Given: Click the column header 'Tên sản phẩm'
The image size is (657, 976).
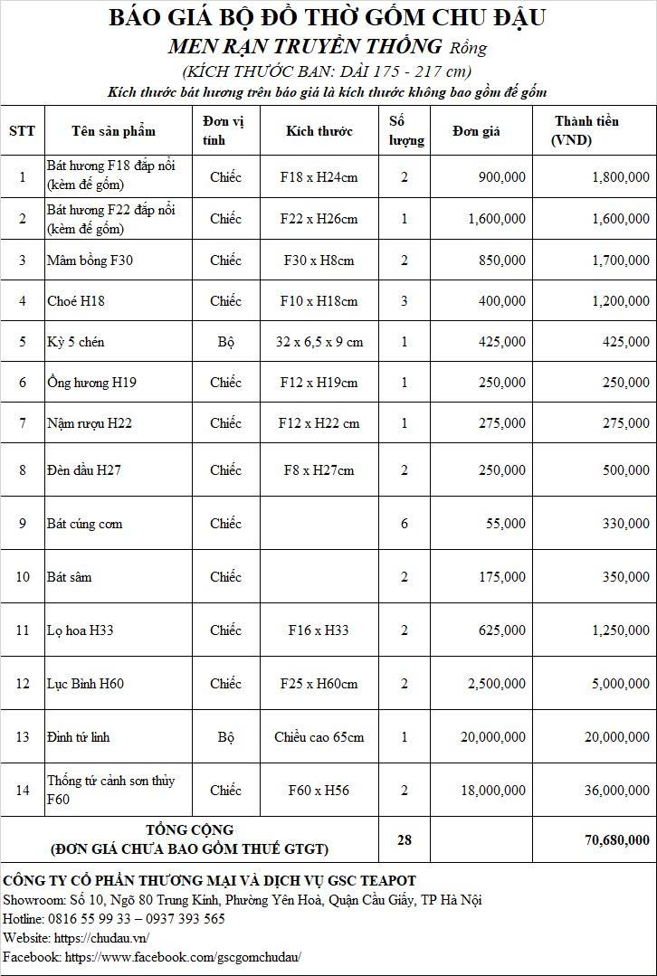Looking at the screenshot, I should pyautogui.click(x=113, y=131).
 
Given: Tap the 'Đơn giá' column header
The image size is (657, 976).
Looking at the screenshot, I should pyautogui.click(x=477, y=131).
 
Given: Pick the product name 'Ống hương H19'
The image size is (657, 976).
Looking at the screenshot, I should pyautogui.click(x=91, y=383).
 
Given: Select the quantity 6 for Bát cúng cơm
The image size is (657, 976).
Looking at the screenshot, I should pyautogui.click(x=405, y=524).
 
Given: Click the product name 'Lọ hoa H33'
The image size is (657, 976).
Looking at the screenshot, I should pyautogui.click(x=81, y=630).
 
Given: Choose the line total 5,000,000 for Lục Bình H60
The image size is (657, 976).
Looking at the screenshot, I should pyautogui.click(x=616, y=684).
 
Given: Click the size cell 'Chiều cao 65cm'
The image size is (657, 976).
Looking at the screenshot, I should pyautogui.click(x=319, y=737).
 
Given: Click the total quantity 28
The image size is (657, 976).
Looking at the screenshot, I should pyautogui.click(x=405, y=840).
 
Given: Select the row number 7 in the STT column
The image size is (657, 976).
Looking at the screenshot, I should pyautogui.click(x=23, y=423).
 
